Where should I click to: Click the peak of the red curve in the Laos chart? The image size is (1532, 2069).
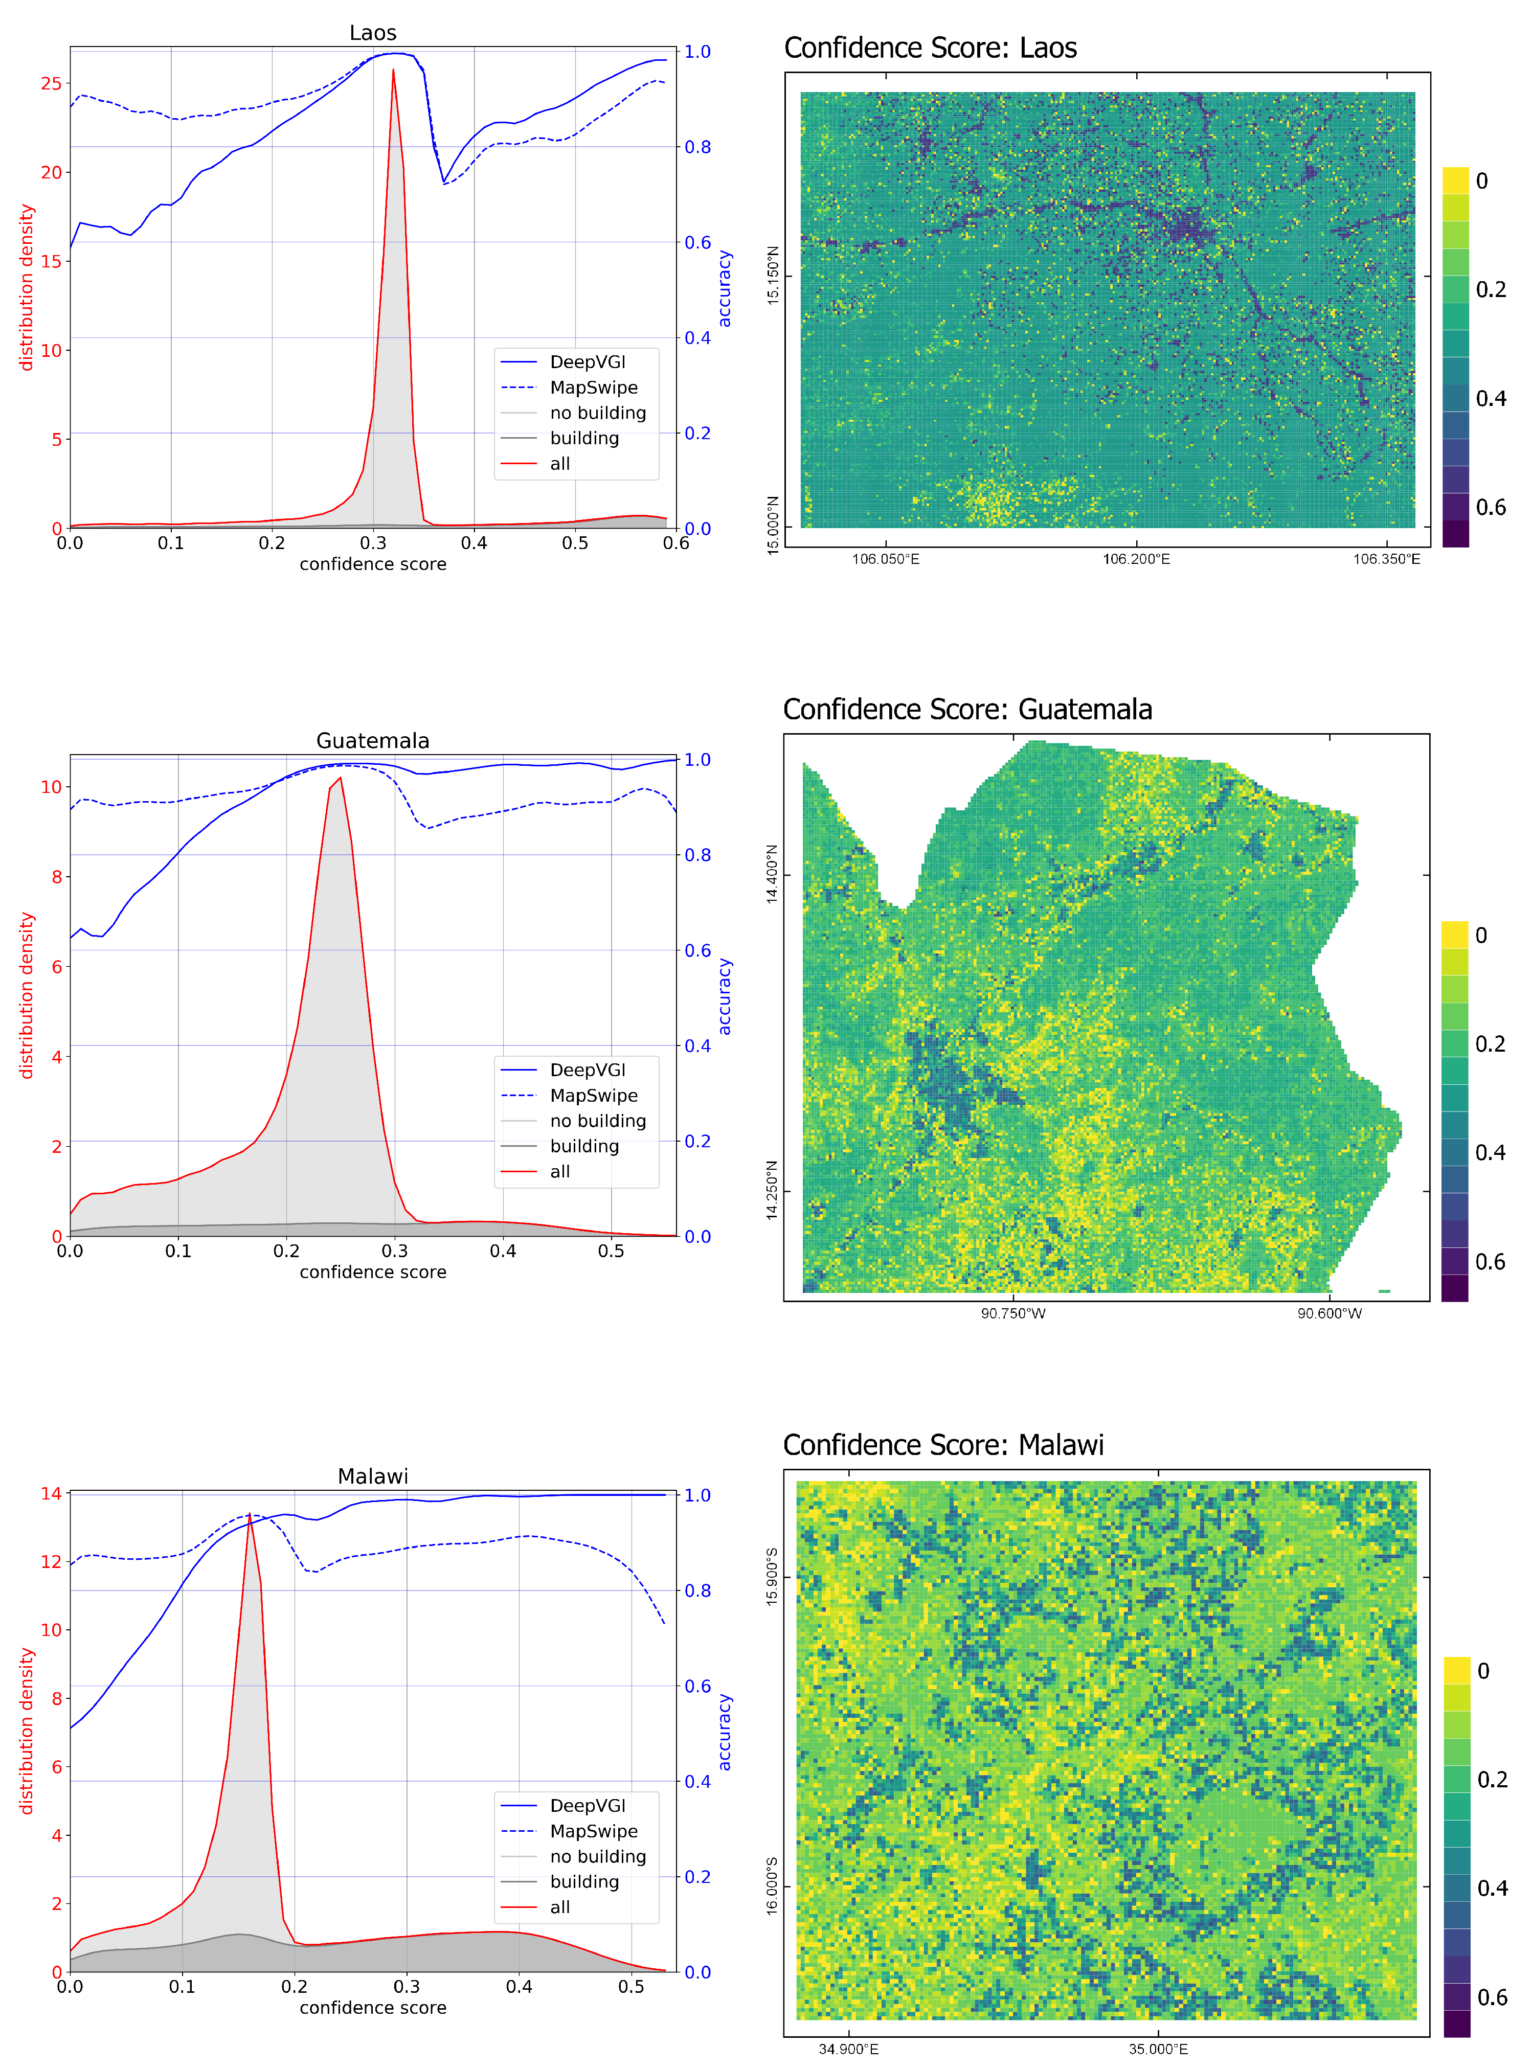click(393, 71)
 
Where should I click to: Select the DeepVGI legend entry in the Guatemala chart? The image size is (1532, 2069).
click(587, 1070)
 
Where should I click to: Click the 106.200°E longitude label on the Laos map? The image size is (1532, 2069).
click(1136, 559)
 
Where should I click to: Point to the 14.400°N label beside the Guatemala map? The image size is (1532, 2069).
click(773, 874)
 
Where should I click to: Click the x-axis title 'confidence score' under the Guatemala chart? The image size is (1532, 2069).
click(373, 1272)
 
